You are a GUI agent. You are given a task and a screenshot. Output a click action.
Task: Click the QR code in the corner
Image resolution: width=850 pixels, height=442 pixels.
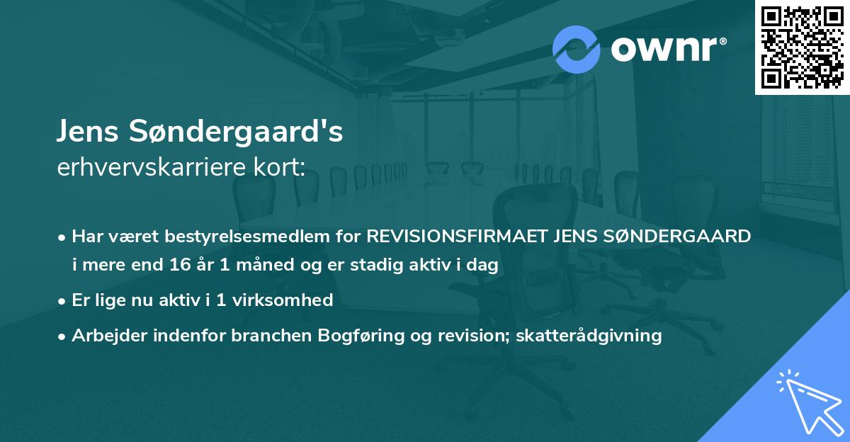pos(803,47)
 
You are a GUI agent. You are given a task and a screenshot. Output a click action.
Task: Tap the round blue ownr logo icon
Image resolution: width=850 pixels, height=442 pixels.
pos(576,50)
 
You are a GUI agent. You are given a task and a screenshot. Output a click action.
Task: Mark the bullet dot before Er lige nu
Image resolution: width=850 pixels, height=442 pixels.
pos(63,300)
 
